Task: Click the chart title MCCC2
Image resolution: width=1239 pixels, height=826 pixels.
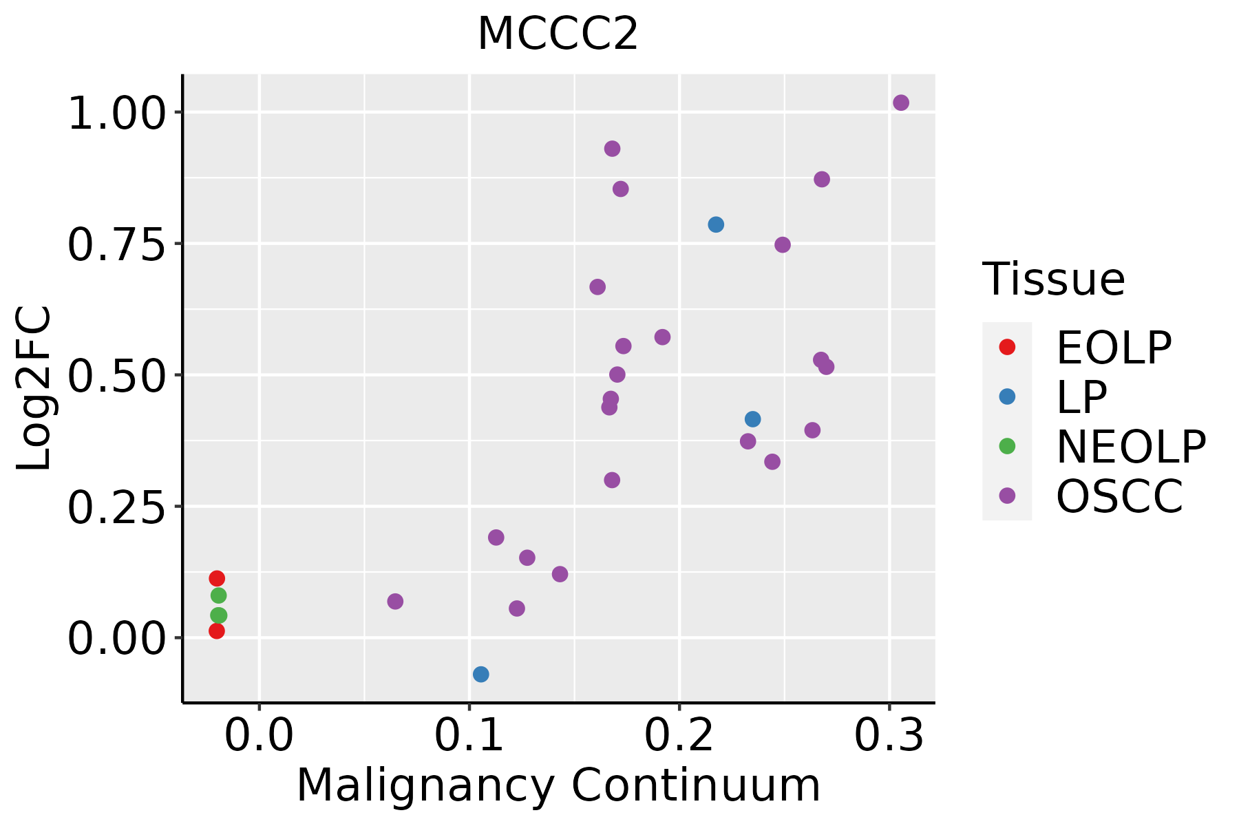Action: click(558, 34)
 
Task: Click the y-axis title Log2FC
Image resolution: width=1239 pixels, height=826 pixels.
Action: click(34, 389)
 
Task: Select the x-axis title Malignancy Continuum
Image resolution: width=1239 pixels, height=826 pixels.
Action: click(558, 785)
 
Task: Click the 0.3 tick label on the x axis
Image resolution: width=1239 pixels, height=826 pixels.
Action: click(889, 736)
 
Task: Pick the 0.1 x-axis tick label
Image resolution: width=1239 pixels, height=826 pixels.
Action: click(469, 736)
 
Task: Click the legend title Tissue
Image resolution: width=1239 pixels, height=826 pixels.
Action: click(1053, 279)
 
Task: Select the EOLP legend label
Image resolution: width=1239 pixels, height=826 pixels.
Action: click(1113, 348)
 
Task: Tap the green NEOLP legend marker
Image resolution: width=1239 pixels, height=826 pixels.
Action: click(1007, 446)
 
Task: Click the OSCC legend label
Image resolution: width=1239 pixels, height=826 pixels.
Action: click(1119, 496)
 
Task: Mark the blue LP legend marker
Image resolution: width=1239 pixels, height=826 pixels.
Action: click(1007, 396)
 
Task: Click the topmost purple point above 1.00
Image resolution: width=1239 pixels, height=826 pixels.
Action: click(901, 103)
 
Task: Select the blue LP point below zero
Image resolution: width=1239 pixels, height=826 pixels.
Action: click(481, 674)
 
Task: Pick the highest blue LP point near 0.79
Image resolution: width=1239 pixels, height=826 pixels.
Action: click(716, 224)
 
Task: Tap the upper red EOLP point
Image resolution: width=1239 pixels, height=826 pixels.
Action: click(217, 578)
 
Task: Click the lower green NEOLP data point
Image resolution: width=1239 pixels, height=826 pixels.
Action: click(218, 615)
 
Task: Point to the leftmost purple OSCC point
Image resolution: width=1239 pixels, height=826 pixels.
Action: click(395, 602)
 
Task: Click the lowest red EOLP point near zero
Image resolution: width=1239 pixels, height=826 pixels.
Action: click(217, 631)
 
